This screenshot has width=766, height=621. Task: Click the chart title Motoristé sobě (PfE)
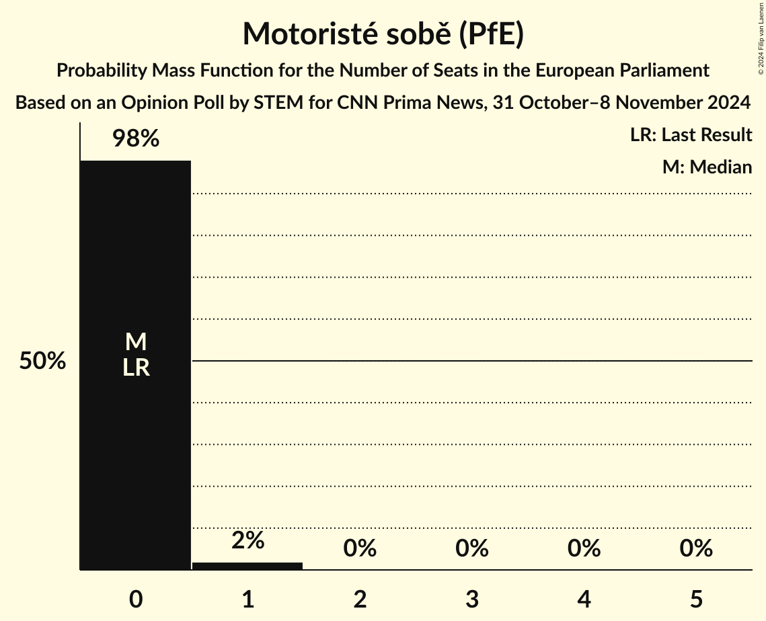tap(383, 34)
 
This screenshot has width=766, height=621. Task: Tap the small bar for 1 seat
tap(247, 566)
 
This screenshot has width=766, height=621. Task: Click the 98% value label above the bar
tap(136, 139)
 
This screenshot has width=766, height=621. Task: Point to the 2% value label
tap(247, 540)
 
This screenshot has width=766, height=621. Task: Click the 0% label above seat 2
tap(360, 548)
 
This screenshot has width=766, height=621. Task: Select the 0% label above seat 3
tap(471, 548)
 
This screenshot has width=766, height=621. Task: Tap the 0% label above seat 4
tap(584, 548)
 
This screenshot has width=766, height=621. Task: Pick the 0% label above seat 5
tap(695, 548)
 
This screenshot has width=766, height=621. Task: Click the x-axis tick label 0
tap(136, 599)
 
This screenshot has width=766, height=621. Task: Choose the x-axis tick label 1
tap(247, 599)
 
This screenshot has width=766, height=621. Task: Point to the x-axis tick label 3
tap(471, 599)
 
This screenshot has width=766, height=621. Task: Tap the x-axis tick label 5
tap(695, 599)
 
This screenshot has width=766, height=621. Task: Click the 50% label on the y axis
tap(42, 361)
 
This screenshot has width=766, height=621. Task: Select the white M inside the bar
tap(136, 342)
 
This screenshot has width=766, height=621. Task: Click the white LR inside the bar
tap(136, 368)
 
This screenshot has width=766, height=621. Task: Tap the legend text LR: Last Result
tap(691, 135)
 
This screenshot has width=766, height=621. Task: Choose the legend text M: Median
tap(707, 167)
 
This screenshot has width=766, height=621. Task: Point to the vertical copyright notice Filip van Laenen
tap(761, 37)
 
